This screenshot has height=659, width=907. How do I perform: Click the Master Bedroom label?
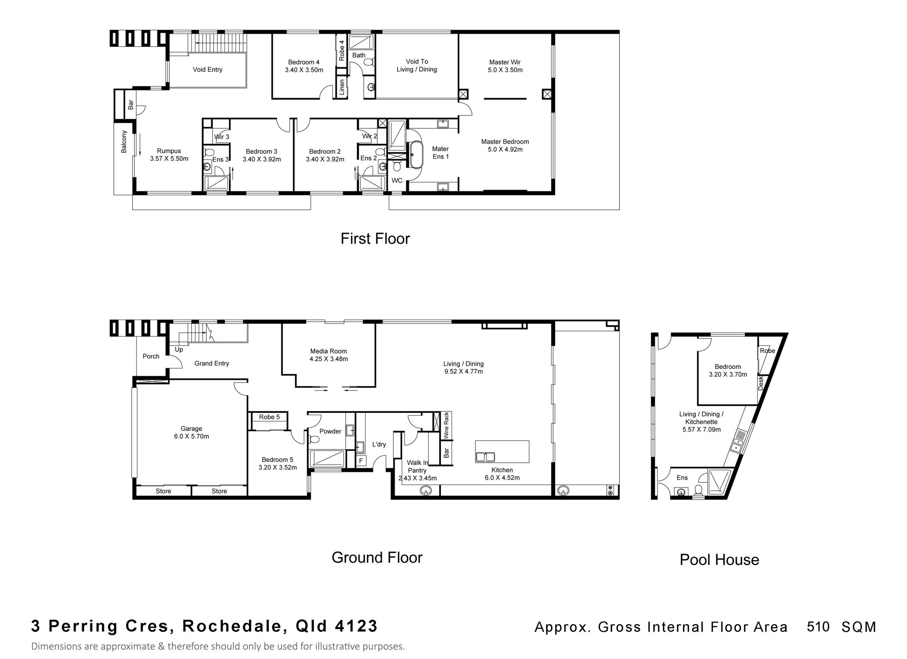tap(505, 142)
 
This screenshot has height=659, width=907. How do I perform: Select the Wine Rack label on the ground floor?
tap(446, 425)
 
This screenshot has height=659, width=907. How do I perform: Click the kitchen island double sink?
tap(485, 457)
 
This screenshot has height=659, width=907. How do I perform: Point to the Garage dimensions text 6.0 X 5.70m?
tap(191, 436)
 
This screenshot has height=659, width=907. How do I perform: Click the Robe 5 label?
tap(269, 417)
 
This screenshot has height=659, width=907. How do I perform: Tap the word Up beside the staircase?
tap(179, 350)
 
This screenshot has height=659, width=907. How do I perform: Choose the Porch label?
tap(151, 356)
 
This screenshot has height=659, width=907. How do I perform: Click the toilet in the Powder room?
tap(314, 439)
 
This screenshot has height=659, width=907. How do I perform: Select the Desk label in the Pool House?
tap(761, 383)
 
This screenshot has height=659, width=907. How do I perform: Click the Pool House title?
tap(719, 560)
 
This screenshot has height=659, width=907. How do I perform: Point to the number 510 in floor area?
tap(818, 626)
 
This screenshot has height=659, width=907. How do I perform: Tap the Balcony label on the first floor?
tap(124, 142)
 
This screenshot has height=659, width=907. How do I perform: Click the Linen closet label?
tap(342, 87)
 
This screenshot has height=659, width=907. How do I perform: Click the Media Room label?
tap(328, 351)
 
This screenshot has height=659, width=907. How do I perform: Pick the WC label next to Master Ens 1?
tap(397, 180)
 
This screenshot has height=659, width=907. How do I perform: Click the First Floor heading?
tap(375, 239)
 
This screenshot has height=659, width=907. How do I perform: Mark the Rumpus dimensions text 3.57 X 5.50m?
tap(169, 159)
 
